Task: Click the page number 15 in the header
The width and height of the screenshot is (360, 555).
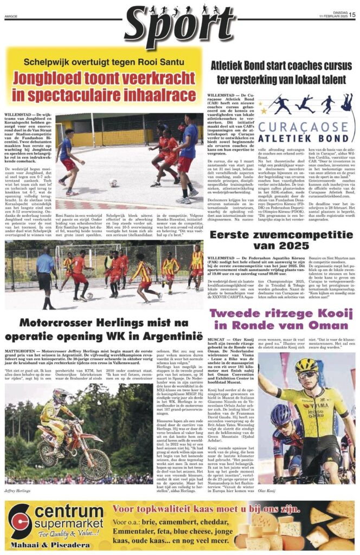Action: tap(352, 15)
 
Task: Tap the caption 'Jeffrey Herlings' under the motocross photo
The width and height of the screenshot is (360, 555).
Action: tap(18, 490)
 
